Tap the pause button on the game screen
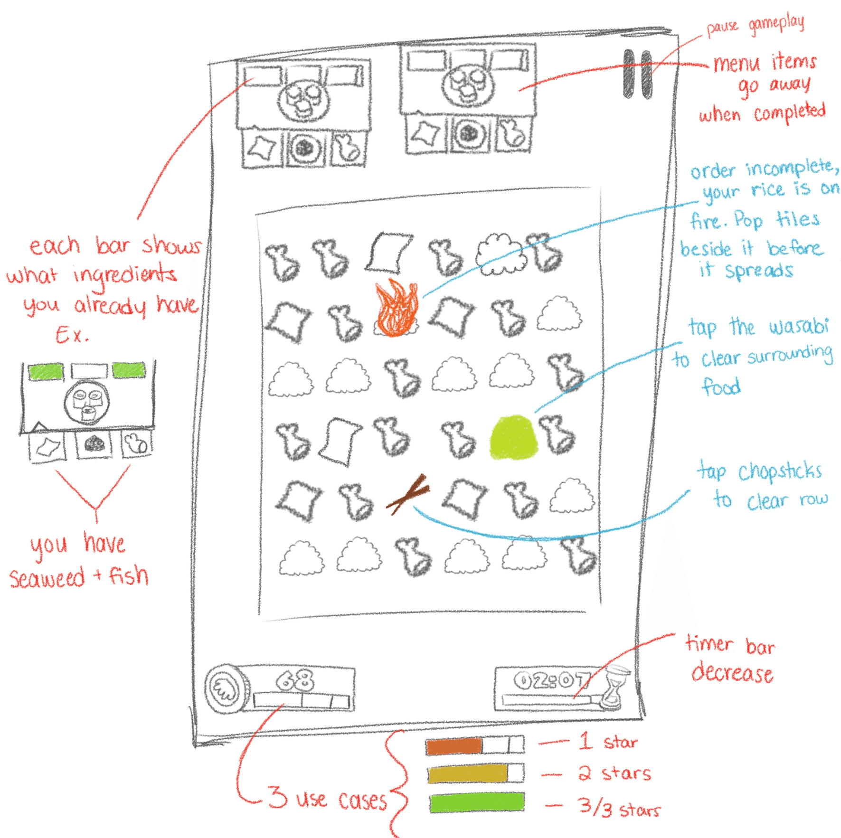click(x=637, y=74)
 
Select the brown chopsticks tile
click(x=407, y=494)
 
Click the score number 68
click(x=295, y=680)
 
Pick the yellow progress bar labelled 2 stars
click(x=467, y=774)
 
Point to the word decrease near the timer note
click(x=732, y=673)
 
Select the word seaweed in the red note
click(x=47, y=578)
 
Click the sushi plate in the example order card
click(x=87, y=403)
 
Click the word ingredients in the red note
click(x=124, y=275)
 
